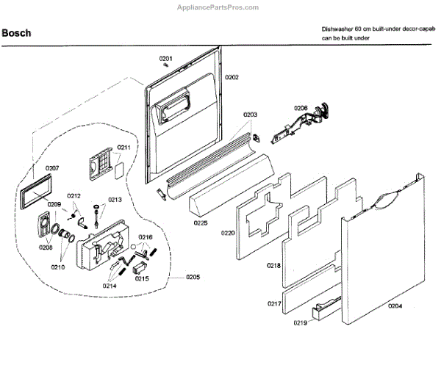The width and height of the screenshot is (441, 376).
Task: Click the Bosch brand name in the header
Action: (16, 33)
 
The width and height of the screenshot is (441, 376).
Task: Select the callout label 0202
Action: (232, 77)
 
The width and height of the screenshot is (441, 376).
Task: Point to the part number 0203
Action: (250, 115)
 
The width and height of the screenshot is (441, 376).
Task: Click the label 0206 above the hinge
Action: (301, 108)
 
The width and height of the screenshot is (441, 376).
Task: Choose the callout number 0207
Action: (52, 168)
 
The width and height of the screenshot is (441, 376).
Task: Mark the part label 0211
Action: (124, 148)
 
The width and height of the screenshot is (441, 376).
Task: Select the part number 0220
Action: (227, 233)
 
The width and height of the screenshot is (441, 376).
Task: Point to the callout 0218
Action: (273, 265)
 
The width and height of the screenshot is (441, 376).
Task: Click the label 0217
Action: (274, 303)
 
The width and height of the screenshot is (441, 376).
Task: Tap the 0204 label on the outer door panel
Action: (395, 306)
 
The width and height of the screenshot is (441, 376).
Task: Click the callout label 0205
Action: (193, 277)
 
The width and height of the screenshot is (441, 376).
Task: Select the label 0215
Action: (142, 279)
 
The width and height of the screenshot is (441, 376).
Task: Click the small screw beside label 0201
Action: (168, 66)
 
